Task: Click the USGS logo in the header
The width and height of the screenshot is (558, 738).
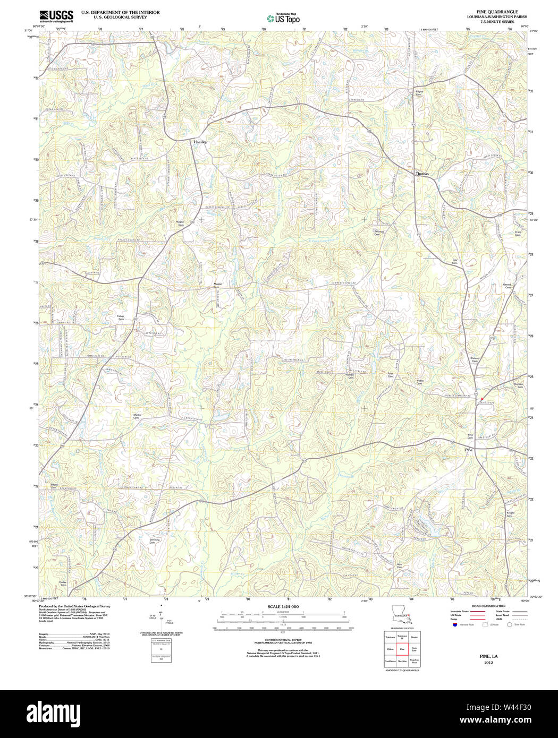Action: (x=56, y=16)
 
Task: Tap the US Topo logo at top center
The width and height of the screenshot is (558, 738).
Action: (x=283, y=18)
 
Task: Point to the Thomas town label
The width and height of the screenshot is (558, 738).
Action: (x=422, y=174)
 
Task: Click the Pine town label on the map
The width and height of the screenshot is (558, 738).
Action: (x=469, y=450)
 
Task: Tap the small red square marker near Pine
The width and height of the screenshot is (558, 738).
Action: (x=482, y=399)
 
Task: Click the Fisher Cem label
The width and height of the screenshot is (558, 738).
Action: (x=121, y=317)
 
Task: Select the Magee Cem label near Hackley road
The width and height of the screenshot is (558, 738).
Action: (x=181, y=224)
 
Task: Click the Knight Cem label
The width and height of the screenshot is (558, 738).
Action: (x=510, y=514)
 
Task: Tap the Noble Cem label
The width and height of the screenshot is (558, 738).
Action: (x=419, y=382)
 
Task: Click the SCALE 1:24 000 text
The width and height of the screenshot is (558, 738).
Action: (x=283, y=606)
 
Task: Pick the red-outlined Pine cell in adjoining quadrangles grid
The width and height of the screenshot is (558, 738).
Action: (x=402, y=649)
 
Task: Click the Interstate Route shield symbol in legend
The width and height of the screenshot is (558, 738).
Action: (x=454, y=625)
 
